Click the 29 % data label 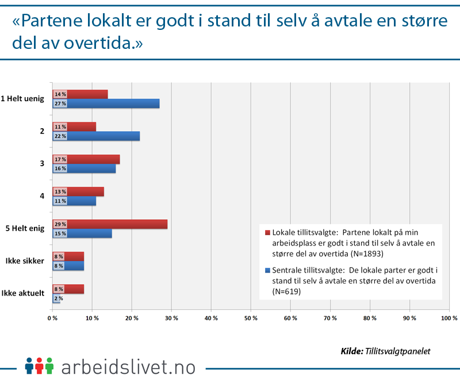pyautogui.click(x=60, y=224)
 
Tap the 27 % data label pyautogui.click(x=60, y=104)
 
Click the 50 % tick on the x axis pyautogui.click(x=251, y=318)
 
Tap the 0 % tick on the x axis pyautogui.click(x=52, y=318)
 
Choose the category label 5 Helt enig pyautogui.click(x=25, y=229)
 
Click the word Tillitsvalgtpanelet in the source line pyautogui.click(x=397, y=351)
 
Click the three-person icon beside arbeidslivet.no pyautogui.click(x=39, y=366)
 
